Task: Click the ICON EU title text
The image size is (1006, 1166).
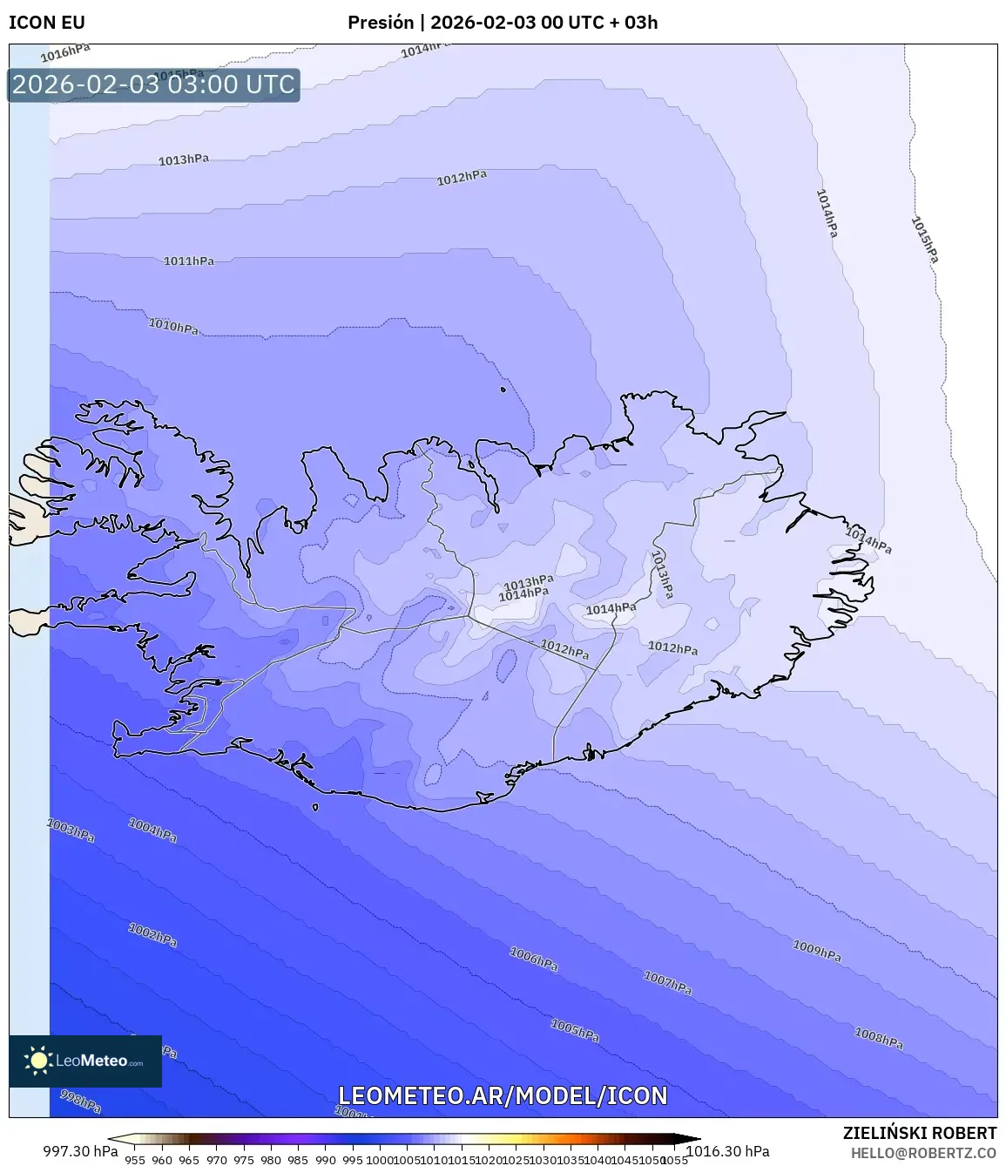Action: [46, 23]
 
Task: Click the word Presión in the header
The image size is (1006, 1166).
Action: [381, 23]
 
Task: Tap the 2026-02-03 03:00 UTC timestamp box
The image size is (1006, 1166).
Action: [153, 85]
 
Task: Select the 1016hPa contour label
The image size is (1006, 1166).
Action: [65, 54]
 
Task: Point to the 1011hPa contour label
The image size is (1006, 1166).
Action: [188, 261]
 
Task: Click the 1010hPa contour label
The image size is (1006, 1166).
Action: [173, 326]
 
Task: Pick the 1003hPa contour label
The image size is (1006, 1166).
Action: [71, 830]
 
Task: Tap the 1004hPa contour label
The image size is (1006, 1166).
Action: [152, 830]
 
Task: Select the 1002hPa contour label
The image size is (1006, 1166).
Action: [152, 935]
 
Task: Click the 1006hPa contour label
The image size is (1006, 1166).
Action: [533, 959]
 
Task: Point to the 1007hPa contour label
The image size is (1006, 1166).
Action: [667, 983]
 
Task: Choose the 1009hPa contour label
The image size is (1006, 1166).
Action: [817, 951]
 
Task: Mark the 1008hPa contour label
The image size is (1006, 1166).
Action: [878, 1038]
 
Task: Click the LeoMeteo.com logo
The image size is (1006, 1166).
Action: [85, 1061]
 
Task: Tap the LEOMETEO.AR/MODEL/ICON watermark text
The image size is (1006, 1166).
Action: [503, 1095]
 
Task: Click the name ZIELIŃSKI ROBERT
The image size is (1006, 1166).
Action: [919, 1133]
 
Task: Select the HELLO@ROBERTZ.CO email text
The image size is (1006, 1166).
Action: [923, 1153]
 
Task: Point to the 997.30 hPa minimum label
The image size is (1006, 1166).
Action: [80, 1151]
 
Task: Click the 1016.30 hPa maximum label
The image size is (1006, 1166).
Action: [728, 1151]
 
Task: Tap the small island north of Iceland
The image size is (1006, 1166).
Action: [503, 390]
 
